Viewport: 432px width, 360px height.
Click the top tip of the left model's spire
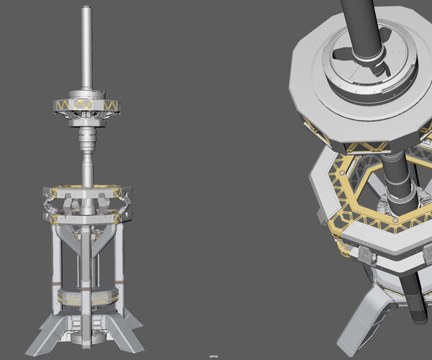coord(86,8)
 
